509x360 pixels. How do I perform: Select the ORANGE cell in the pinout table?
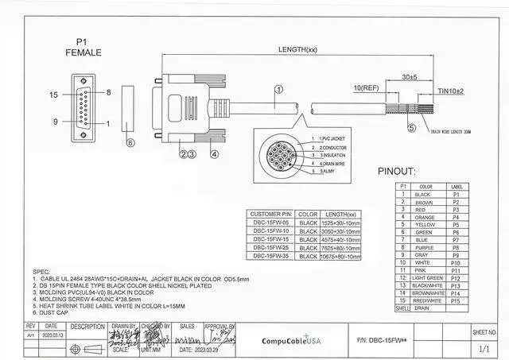pos(425,217)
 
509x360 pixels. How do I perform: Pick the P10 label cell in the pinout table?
pos(457,262)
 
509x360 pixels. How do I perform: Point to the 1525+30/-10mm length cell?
pos(340,223)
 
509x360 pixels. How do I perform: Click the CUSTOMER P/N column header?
pos(272,215)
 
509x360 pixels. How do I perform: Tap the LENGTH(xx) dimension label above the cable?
pos(297,49)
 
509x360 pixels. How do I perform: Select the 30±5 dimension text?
pos(410,77)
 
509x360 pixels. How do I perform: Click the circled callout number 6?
pos(131,143)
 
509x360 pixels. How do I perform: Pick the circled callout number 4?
pos(214,154)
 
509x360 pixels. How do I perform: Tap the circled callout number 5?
pos(411,127)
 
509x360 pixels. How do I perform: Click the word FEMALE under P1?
pos(84,52)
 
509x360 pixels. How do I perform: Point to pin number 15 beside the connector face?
pos(54,95)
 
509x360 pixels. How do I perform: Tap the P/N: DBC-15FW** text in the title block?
pos(400,341)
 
